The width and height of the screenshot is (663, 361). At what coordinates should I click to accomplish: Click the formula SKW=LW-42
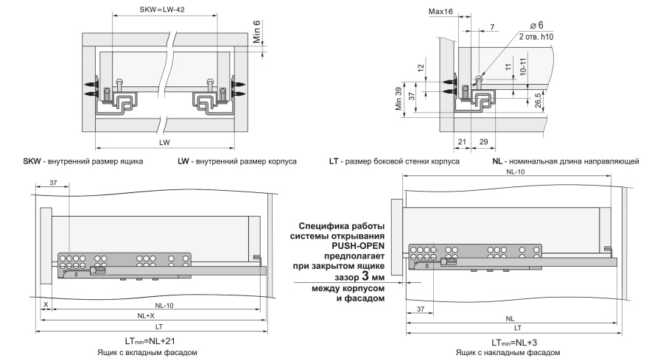coord(162,9)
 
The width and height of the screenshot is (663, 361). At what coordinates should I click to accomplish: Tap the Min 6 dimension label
coord(257,32)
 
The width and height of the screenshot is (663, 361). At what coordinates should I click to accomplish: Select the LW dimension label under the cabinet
coord(164,142)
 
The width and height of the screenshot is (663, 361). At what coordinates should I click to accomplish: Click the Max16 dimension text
coord(441,11)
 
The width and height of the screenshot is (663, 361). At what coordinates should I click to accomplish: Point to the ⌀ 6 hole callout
coord(536,25)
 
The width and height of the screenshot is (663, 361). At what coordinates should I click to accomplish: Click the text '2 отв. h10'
coord(536,37)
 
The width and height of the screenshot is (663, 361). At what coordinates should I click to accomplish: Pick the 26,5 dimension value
coord(539,101)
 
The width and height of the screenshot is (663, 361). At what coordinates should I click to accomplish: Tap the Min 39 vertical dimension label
coord(399,99)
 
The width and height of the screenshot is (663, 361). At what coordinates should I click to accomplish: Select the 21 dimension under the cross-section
coord(462,141)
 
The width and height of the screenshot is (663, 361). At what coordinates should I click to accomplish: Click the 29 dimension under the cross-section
coord(484,141)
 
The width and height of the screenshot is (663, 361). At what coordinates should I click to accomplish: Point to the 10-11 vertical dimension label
coord(523,67)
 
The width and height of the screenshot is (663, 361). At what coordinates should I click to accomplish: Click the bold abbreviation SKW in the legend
coord(32,161)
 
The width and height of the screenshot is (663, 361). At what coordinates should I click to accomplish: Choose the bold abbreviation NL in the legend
coord(497,161)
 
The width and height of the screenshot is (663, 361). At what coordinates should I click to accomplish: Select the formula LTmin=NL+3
coord(514,343)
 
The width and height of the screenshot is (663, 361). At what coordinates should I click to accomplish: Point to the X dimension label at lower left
coord(46,305)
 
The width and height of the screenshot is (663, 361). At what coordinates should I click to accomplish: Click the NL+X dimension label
coord(146,316)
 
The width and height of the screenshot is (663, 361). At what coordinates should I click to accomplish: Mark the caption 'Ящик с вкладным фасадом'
coord(147,352)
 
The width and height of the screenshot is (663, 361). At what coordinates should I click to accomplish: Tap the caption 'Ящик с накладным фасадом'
coord(508,353)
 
